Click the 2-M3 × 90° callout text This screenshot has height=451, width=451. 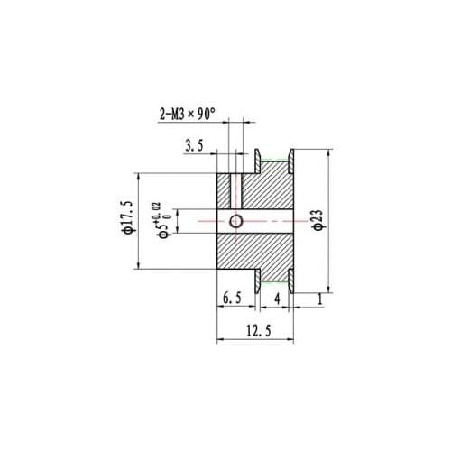[187, 115]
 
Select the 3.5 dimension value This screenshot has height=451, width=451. [194, 146]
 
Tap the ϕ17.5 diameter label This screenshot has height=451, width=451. [127, 216]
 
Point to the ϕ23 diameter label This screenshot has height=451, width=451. [318, 219]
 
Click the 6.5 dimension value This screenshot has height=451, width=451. [232, 299]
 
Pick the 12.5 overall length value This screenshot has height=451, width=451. [259, 331]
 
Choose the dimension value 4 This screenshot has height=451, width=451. [277, 299]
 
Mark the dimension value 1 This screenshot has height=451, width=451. [320, 299]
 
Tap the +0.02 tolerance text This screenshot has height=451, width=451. [156, 213]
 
